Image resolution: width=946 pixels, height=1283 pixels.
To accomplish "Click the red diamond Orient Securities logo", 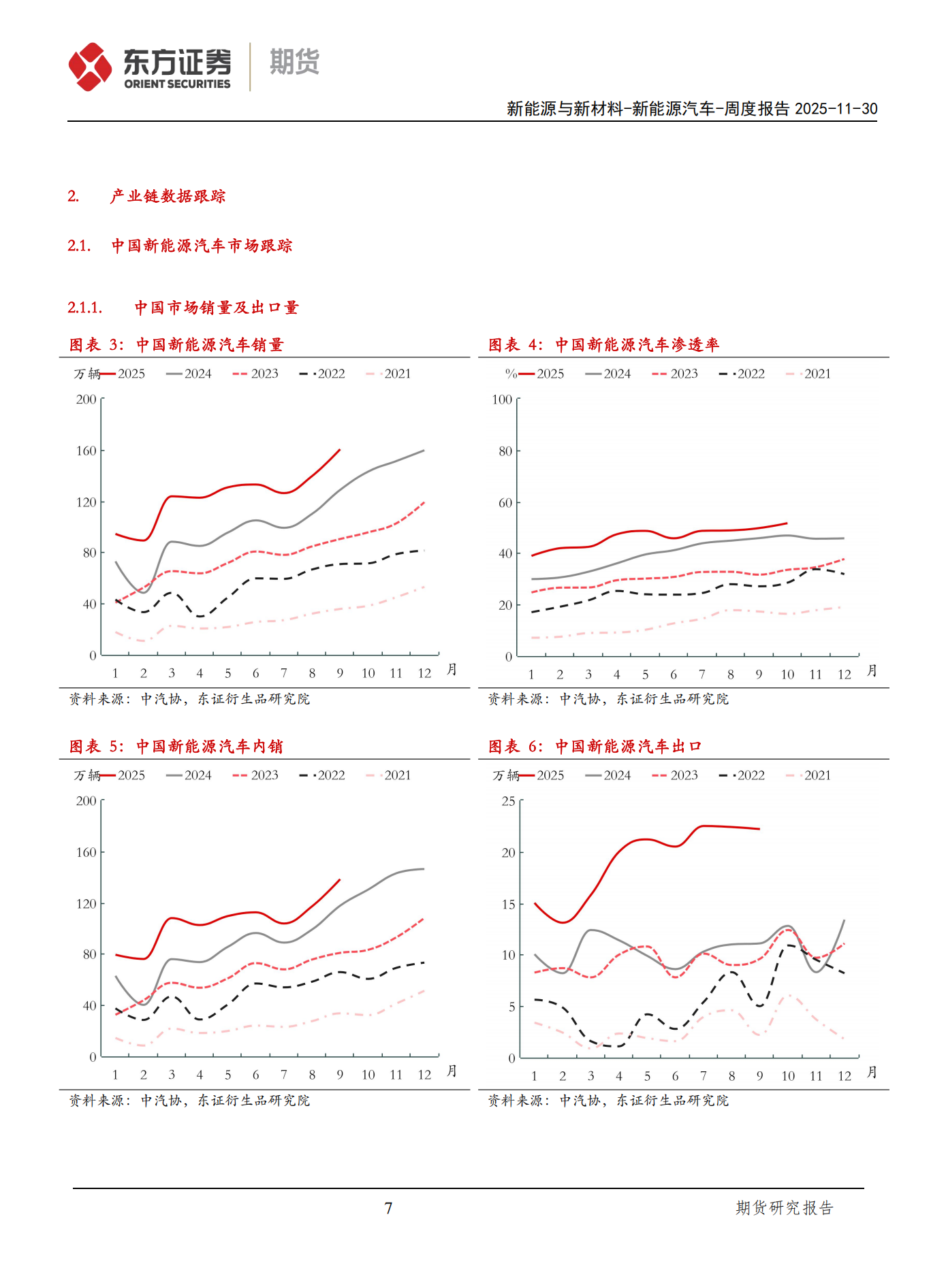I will (x=90, y=66).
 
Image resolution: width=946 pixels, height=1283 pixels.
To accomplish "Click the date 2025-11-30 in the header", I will (x=836, y=109).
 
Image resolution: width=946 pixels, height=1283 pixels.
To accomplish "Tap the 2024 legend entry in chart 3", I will (x=189, y=374).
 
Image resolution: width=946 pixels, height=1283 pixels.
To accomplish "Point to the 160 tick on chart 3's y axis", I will (x=86, y=451).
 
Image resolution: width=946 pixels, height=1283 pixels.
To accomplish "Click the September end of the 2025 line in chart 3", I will (x=340, y=450).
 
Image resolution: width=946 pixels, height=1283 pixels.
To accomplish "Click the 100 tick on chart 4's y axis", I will (x=502, y=400).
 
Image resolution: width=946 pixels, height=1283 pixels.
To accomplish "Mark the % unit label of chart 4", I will (x=511, y=374).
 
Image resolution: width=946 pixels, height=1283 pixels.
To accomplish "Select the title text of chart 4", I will (x=603, y=345).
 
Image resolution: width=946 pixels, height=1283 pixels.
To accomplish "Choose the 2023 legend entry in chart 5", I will (x=255, y=775).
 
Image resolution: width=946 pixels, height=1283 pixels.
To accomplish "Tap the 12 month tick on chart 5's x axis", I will (x=424, y=1075).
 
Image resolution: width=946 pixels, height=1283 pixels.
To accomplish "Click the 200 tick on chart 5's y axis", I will (x=86, y=801).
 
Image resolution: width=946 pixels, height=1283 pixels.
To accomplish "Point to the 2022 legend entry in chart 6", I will (x=742, y=775).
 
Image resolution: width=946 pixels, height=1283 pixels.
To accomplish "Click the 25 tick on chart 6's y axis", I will (x=508, y=801).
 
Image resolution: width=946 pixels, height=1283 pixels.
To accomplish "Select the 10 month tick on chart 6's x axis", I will (x=788, y=1076).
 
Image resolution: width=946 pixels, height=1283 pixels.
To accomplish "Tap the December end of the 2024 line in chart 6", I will (x=845, y=920).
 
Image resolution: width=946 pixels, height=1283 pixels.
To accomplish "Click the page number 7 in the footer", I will (x=388, y=1208).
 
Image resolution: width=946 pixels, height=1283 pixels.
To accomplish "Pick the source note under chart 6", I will (x=608, y=1101).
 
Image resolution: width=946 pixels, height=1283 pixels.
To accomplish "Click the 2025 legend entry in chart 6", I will (x=541, y=775).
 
